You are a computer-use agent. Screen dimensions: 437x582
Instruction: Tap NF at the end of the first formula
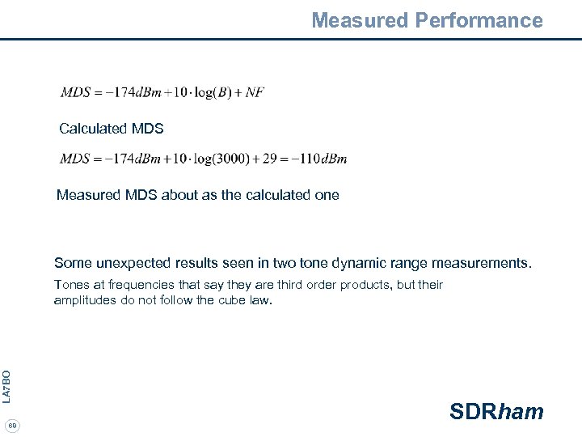255,92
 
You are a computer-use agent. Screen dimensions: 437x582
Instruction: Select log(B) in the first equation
204,92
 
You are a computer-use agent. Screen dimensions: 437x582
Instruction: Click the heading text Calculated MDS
112,129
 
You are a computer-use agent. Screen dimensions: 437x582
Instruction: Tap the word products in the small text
368,285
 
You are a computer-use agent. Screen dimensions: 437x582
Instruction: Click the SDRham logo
496,411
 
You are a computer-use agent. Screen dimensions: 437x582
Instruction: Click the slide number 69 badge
12,426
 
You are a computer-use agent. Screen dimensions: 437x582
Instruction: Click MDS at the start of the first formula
75,92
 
